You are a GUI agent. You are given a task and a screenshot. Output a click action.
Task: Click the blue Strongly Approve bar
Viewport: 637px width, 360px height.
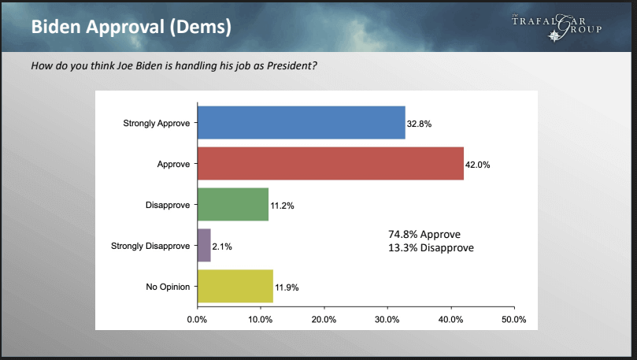pos(302,123)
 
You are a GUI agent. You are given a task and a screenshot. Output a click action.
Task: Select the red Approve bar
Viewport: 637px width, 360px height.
pos(331,163)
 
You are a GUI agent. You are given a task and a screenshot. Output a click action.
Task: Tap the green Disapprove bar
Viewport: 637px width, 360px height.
pos(233,204)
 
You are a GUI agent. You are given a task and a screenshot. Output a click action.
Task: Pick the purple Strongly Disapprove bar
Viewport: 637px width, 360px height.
pos(205,246)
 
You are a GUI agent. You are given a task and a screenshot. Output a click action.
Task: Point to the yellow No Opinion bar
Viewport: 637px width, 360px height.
pos(235,286)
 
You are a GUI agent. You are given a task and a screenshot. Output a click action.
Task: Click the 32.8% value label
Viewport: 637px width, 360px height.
pos(419,124)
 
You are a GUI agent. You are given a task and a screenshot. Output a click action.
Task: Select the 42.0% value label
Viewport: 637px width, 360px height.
pos(478,165)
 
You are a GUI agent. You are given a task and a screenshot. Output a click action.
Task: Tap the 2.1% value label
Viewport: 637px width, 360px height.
pos(222,247)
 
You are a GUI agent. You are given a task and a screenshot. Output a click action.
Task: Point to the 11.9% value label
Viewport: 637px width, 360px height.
pos(287,288)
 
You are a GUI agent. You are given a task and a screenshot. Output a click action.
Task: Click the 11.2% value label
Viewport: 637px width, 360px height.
pos(283,206)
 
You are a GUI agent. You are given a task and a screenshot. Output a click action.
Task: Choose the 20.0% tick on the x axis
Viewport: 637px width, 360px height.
pos(324,320)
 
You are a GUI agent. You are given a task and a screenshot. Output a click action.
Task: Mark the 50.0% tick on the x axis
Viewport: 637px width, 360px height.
pos(514,320)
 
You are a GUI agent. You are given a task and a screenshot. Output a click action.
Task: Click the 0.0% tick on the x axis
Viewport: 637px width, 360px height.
pos(197,320)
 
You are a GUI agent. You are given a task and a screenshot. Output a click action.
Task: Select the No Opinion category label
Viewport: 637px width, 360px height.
pos(168,287)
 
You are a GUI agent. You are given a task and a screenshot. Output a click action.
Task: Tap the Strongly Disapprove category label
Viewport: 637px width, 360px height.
pos(150,246)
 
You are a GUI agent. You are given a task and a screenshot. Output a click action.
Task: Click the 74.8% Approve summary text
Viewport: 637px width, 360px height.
pos(424,235)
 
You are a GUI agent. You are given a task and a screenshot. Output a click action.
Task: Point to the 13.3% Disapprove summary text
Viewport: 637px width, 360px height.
pos(431,248)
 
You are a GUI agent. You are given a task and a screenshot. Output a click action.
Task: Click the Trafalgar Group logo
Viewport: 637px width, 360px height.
pos(557,27)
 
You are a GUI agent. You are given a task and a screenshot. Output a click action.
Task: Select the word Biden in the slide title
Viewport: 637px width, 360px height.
pos(56,27)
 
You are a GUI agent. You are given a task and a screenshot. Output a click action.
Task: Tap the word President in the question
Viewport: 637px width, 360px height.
pos(291,65)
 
